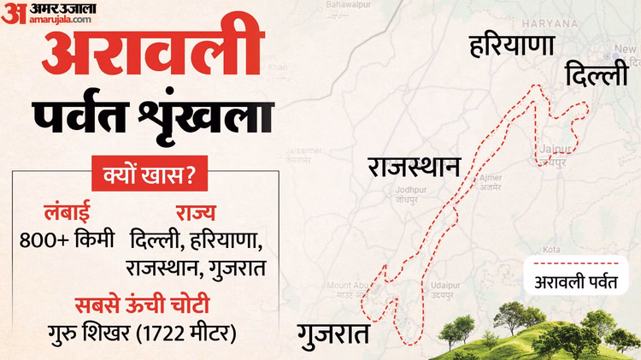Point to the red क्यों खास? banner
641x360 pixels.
tap(143, 177)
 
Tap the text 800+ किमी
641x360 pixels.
tap(67, 239)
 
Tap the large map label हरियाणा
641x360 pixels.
tap(512, 47)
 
